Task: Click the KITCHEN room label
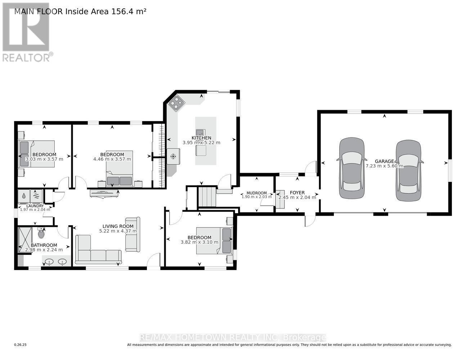(201, 138)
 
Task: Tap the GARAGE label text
(384, 161)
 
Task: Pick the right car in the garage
(408, 171)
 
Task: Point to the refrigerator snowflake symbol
(173, 156)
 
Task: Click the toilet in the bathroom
(41, 234)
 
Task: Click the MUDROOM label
(256, 193)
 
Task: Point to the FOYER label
(297, 193)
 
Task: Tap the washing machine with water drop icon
(23, 197)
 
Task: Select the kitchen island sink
(200, 132)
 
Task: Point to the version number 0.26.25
(21, 345)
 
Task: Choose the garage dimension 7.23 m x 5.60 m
(384, 166)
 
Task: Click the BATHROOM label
(41, 245)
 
